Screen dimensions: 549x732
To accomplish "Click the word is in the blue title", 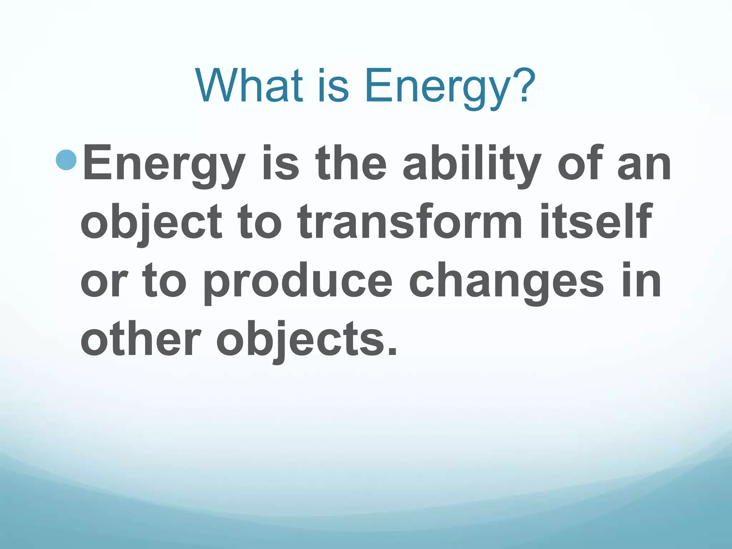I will tap(332, 86).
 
